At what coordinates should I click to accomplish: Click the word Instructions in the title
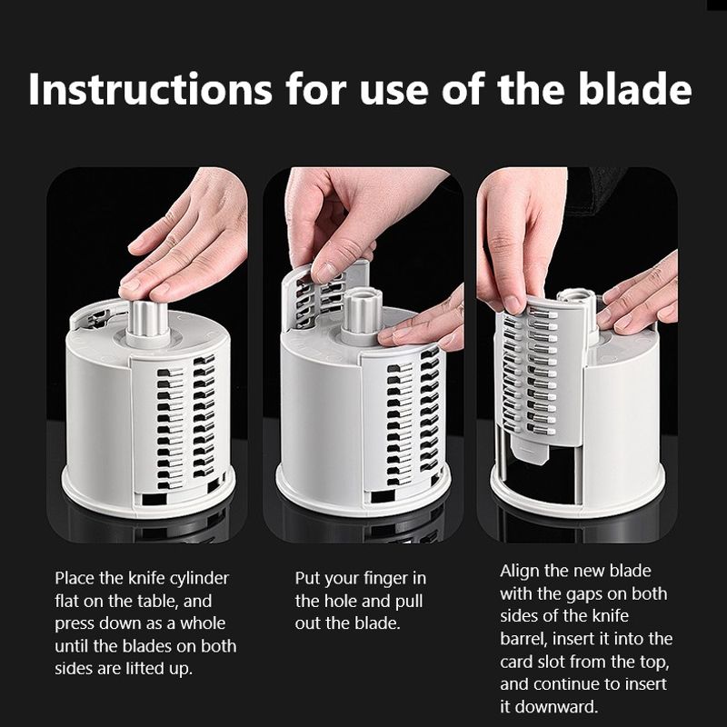tap(150, 88)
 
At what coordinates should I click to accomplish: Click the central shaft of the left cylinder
tap(148, 320)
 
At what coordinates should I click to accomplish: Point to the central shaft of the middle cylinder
tap(363, 310)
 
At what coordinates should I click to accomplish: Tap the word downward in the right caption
tap(556, 707)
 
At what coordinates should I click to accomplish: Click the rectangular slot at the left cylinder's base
tap(154, 499)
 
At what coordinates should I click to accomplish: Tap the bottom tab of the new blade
tap(531, 451)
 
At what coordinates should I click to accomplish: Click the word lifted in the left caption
tap(142, 669)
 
